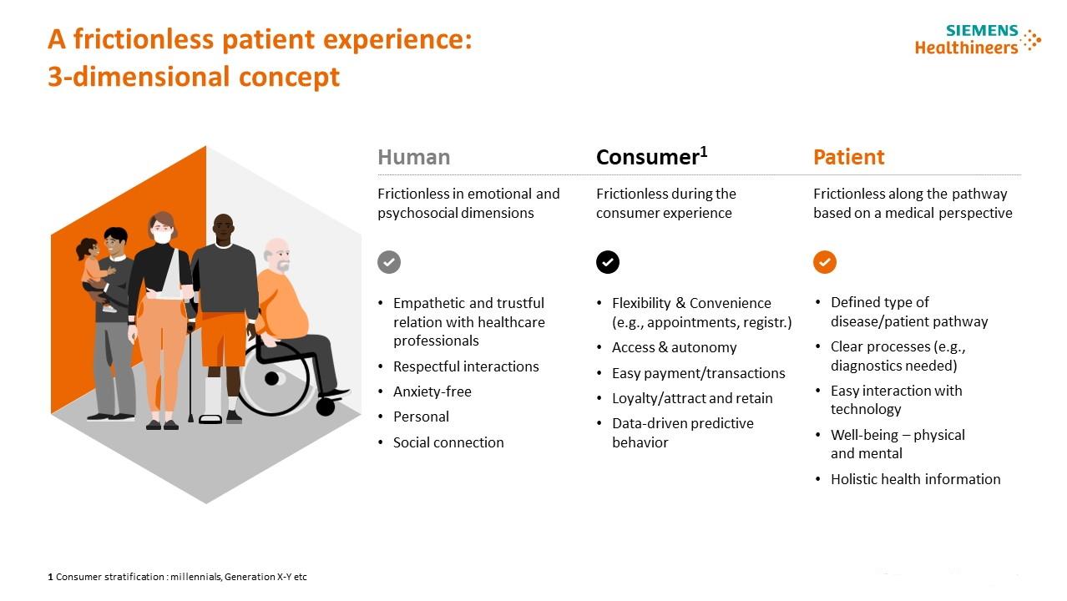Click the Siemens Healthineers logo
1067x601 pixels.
pos(978,39)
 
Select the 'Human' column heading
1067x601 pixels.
pos(413,157)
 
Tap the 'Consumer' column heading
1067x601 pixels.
pos(651,156)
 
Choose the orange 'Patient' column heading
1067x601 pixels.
pos(848,157)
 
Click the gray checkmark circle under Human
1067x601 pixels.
pos(389,262)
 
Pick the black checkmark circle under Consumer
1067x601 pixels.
pos(607,262)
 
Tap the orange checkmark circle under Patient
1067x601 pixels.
pos(825,262)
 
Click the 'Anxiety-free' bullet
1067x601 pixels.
pos(432,391)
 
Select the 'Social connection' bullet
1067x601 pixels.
pos(448,442)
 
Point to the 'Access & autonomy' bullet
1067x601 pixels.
pos(674,347)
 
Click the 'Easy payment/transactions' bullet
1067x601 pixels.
pos(698,373)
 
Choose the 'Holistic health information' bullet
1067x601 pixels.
pos(916,479)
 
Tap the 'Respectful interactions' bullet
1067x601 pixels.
pos(466,366)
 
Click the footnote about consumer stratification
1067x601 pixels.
pos(177,577)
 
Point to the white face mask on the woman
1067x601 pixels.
pos(162,236)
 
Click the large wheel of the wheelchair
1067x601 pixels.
pos(273,379)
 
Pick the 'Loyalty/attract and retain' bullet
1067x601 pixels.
pos(692,398)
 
